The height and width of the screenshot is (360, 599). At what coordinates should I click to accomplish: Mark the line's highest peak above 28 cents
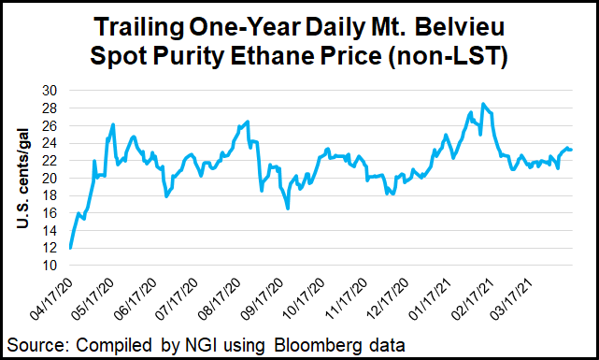pos(482,104)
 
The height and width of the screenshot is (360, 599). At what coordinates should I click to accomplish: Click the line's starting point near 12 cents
pos(71,248)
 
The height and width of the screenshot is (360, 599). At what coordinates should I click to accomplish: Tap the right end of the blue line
pos(572,150)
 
